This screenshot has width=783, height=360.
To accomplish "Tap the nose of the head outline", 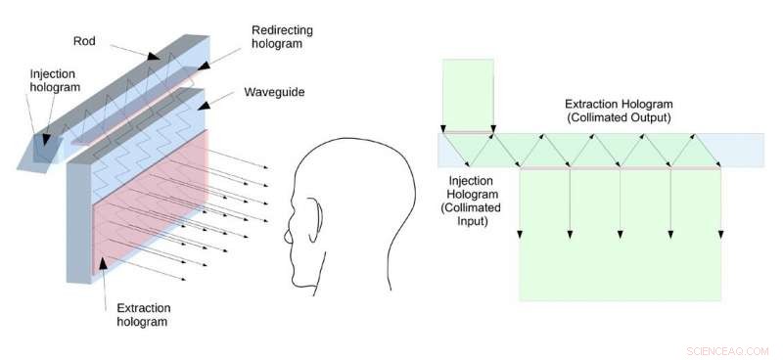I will tap(287, 236).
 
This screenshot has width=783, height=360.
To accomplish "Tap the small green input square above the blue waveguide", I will tap(469, 93).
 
